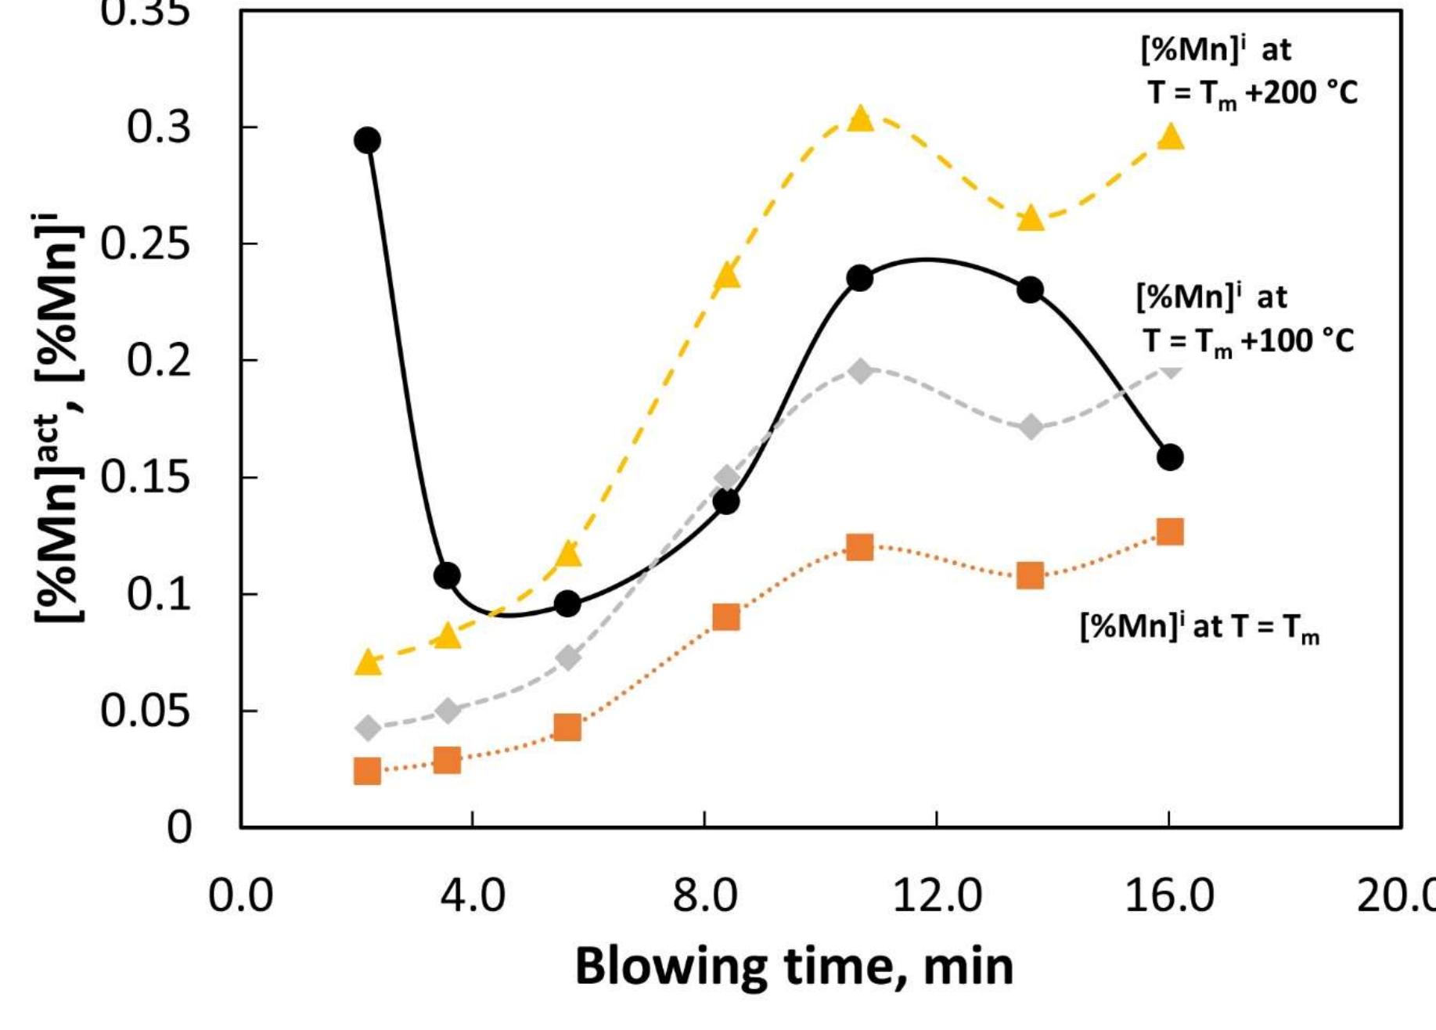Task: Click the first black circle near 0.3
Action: click(x=367, y=141)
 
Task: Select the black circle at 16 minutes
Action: click(x=1170, y=457)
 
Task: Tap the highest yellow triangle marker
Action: click(x=860, y=119)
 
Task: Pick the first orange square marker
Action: click(x=367, y=771)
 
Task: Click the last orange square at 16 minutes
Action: click(x=1170, y=532)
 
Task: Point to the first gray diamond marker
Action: click(x=368, y=728)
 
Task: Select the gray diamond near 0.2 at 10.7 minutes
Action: click(x=860, y=371)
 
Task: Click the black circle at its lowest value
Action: click(x=567, y=604)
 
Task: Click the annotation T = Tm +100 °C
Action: click(x=1248, y=341)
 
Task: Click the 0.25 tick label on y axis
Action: click(x=146, y=244)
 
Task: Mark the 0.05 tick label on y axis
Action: click(x=146, y=711)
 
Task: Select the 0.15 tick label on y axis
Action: click(x=146, y=477)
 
